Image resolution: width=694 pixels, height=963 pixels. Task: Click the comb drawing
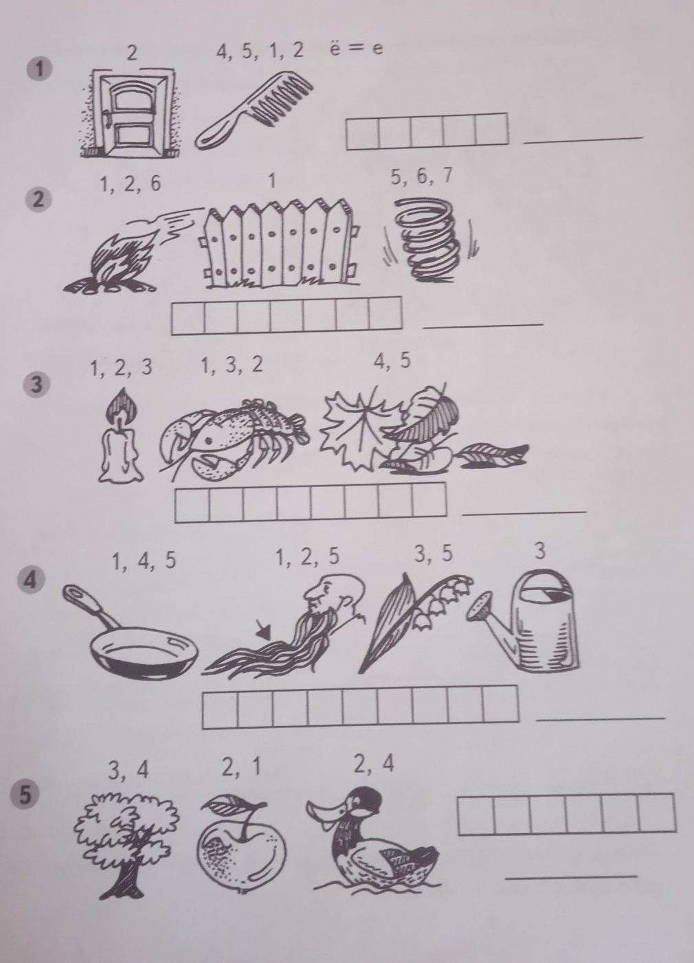pos(254,112)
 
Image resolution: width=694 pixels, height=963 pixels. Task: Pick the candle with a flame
pos(120,435)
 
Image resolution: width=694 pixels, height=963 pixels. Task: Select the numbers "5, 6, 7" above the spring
pos(421,177)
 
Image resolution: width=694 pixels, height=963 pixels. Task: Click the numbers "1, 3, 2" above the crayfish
pos(232,366)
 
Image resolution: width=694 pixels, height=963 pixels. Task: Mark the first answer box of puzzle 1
pos(363,132)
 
